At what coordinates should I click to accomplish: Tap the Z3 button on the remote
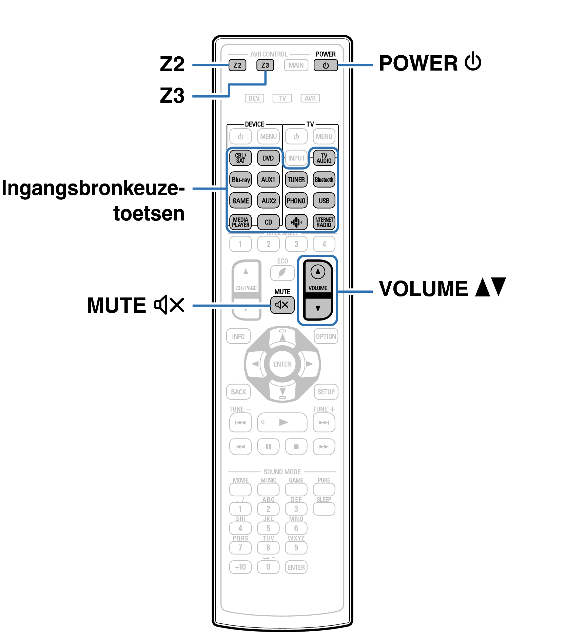(265, 65)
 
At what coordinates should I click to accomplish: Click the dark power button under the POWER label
(326, 65)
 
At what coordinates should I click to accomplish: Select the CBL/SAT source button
(240, 158)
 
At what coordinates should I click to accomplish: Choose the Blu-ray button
(240, 180)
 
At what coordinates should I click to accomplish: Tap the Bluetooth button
(324, 180)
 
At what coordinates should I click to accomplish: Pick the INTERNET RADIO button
(324, 222)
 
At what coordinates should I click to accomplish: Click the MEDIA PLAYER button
(240, 222)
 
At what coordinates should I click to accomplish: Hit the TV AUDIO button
(324, 158)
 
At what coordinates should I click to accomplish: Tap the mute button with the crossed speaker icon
(282, 305)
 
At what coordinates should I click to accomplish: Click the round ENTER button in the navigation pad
(282, 364)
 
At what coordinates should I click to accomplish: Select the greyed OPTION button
(326, 336)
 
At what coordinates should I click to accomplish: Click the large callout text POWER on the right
(418, 63)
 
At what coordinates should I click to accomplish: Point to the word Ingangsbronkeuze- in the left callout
(93, 188)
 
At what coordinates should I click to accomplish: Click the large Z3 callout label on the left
(172, 96)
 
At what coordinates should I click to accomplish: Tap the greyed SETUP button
(326, 392)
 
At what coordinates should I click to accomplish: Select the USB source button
(324, 201)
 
